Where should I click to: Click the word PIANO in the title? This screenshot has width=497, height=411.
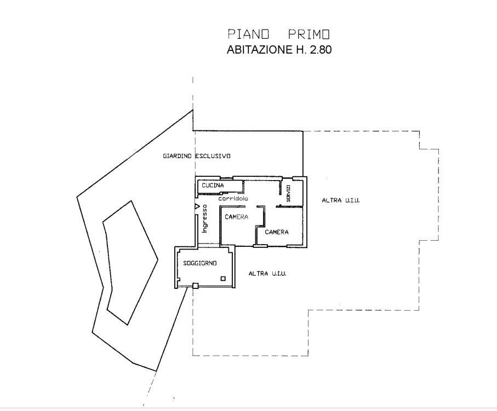coord(249,34)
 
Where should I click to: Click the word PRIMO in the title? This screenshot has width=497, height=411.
coord(309,34)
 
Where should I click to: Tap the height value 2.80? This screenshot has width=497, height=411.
coord(321,50)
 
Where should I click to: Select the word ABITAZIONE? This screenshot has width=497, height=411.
coord(259,50)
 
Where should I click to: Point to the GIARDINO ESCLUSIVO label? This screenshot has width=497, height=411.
coord(197,156)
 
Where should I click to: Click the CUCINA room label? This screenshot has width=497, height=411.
coord(213,186)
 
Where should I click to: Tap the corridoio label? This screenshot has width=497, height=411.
coord(233,199)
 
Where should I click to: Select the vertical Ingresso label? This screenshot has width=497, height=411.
coord(205,218)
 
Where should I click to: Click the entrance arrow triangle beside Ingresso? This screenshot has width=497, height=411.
coord(197,207)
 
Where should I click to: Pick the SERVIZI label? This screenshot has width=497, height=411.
coord(288,193)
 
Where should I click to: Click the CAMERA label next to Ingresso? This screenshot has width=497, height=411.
coord(237,217)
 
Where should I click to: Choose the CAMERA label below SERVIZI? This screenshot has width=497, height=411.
coord(277,232)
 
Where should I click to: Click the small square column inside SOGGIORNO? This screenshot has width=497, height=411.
coord(223,279)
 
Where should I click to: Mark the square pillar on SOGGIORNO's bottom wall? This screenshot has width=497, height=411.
coord(196,286)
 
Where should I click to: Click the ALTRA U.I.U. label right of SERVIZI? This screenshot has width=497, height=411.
coord(341,200)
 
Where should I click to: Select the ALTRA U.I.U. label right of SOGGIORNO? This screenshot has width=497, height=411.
coord(267,274)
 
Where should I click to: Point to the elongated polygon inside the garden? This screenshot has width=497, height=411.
coord(130,263)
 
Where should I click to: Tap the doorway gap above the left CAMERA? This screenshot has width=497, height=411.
coord(252,207)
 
